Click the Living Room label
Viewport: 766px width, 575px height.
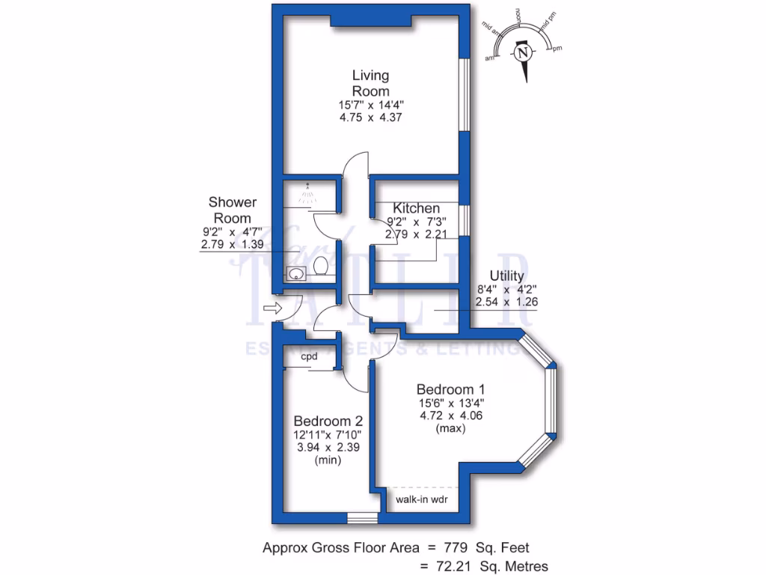click(x=371, y=83)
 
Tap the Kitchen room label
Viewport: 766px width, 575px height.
click(x=417, y=208)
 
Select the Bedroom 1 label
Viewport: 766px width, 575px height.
click(x=450, y=389)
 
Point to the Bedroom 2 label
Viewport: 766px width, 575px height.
click(x=327, y=421)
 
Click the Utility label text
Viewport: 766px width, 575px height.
click(x=507, y=276)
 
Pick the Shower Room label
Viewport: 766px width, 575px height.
click(x=233, y=210)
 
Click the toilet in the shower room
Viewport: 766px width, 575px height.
click(x=320, y=267)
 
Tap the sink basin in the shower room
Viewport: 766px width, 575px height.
click(x=295, y=273)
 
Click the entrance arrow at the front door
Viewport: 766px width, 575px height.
click(x=272, y=308)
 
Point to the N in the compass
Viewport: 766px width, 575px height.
click(x=524, y=53)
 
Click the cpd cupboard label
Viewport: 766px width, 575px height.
click(x=310, y=357)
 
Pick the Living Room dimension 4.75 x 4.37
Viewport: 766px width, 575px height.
click(x=371, y=118)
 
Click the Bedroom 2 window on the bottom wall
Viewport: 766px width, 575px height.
click(x=364, y=518)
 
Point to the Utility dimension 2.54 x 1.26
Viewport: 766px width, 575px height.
click(x=506, y=302)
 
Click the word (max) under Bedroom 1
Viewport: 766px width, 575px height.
click(x=450, y=429)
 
